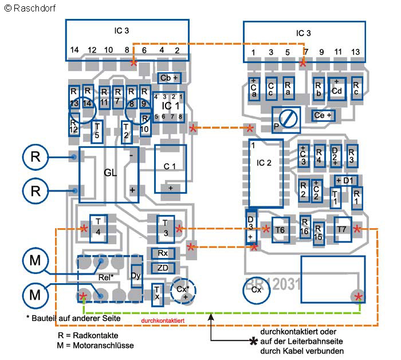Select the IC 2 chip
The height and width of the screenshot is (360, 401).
point(266,173)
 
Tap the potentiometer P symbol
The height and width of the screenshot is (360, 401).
point(285,119)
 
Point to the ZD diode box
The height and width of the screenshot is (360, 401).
point(163,268)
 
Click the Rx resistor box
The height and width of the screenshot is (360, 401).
point(163,253)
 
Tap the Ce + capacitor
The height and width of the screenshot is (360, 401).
point(324,115)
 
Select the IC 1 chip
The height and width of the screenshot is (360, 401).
point(168,107)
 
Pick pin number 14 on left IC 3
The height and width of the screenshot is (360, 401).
point(74,50)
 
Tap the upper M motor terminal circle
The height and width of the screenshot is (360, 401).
point(36,261)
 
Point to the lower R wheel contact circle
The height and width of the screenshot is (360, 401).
point(36,190)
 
